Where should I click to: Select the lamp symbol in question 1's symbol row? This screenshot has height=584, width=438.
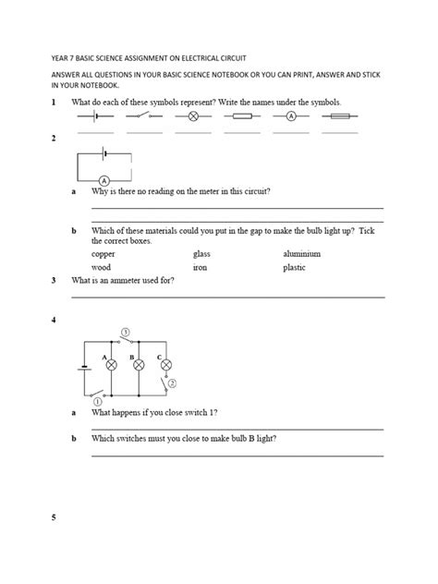pos(193,117)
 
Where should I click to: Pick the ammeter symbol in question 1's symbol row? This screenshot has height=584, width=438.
pos(290,117)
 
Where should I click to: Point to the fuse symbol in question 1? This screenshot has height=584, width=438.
pos(339,117)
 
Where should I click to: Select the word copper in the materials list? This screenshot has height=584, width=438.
pos(105,253)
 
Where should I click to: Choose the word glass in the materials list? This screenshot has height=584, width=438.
pos(201,253)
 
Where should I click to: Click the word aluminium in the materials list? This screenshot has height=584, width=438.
pos(302,253)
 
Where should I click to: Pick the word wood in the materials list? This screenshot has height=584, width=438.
pos(102,267)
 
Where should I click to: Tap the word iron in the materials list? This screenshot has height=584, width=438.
pos(200,267)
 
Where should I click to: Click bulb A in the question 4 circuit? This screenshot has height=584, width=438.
pos(112,365)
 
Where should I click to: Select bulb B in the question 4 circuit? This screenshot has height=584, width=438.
pos(140,365)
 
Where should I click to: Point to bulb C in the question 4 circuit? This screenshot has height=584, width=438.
pos(166,365)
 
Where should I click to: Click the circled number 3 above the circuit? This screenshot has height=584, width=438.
pos(126,331)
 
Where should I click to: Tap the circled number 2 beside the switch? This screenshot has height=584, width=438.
pos(172,382)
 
